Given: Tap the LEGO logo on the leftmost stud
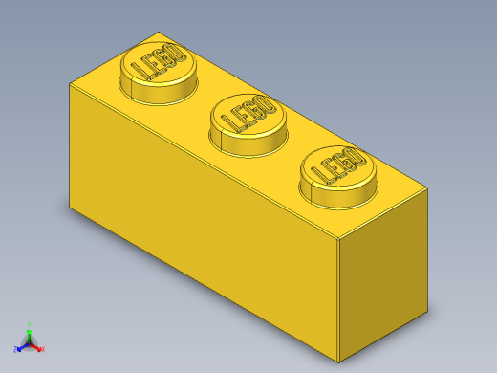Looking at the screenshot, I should click(157, 63).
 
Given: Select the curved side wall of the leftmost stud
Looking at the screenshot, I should click(155, 92).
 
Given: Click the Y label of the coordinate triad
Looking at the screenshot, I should click(30, 323).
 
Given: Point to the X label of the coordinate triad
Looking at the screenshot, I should click(42, 349).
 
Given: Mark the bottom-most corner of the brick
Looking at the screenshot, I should click(339, 362).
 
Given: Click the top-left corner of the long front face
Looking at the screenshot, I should click(70, 84).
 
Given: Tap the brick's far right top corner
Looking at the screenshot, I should click(427, 189).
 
